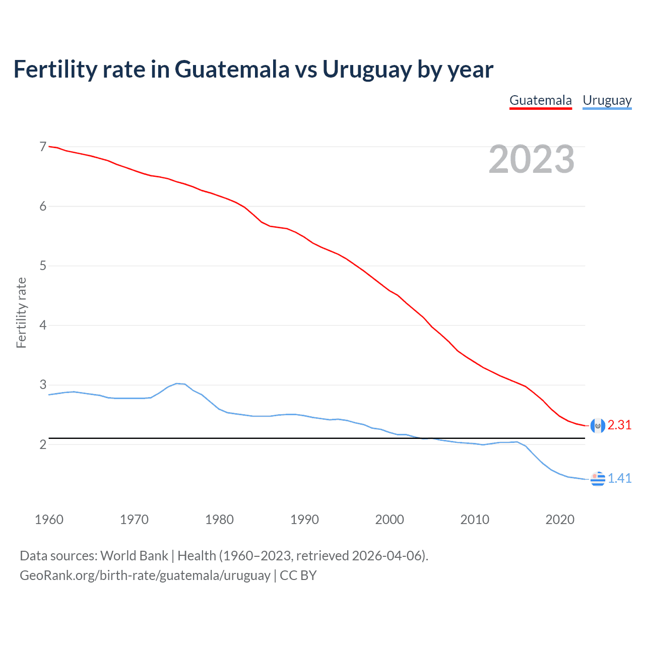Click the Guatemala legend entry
point(540,100)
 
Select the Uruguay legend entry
point(607,100)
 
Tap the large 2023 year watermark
point(531,159)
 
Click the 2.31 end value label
point(619,425)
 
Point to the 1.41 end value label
point(619,478)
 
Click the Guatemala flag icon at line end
point(598,426)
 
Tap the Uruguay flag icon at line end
point(598,479)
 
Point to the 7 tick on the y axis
point(43,147)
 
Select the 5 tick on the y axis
point(43,266)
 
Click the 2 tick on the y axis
point(43,444)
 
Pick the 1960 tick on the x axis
point(49,520)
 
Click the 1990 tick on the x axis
point(304,520)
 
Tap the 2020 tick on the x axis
point(560,520)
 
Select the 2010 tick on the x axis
point(475,520)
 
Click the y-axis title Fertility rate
point(21,312)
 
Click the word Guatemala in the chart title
point(232,69)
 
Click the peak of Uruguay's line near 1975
point(176,383)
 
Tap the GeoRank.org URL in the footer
point(145,575)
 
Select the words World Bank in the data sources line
point(134,556)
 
